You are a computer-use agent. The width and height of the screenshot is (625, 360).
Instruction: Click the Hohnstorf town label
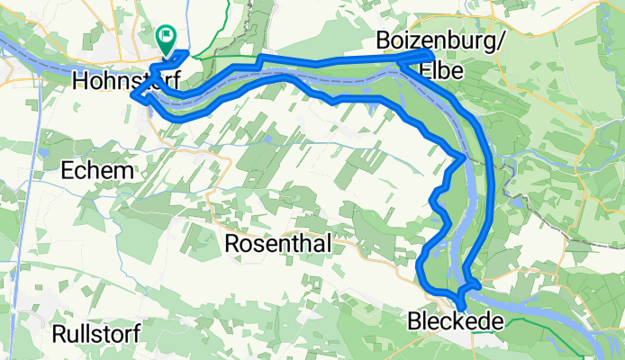coord(125,81)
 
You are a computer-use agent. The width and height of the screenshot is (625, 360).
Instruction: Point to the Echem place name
coord(98,170)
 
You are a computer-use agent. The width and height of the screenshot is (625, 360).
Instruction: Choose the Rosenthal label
coord(277,244)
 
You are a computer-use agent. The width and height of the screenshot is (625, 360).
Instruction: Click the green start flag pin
coord(166,38)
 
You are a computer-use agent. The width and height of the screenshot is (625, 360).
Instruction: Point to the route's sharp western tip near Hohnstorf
coord(132,92)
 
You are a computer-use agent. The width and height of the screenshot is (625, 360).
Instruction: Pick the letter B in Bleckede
coord(414,320)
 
